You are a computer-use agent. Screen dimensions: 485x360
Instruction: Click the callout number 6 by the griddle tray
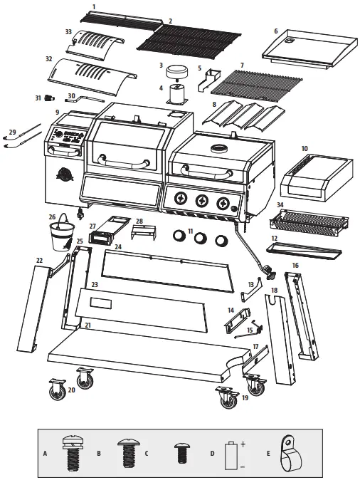275,31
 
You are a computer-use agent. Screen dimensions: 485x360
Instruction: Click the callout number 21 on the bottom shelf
88,325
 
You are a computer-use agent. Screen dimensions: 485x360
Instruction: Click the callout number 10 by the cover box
305,149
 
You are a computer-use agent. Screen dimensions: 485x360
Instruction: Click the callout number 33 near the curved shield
68,32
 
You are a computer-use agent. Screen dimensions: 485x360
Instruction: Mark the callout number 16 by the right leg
295,266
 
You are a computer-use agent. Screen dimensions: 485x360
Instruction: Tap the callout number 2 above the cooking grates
170,21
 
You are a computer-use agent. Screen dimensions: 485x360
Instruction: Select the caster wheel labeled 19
226,396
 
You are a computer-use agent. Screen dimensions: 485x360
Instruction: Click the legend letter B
99,452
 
